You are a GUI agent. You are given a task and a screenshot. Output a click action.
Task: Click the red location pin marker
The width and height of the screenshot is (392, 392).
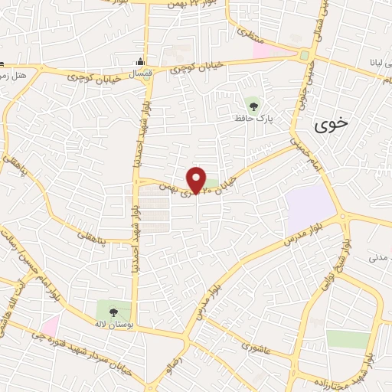[x=197, y=179]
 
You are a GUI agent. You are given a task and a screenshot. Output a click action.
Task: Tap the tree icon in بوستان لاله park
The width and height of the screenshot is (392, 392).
[x=114, y=312]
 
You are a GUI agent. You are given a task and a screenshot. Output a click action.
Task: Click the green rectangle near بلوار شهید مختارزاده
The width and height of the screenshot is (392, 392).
[x=348, y=339]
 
